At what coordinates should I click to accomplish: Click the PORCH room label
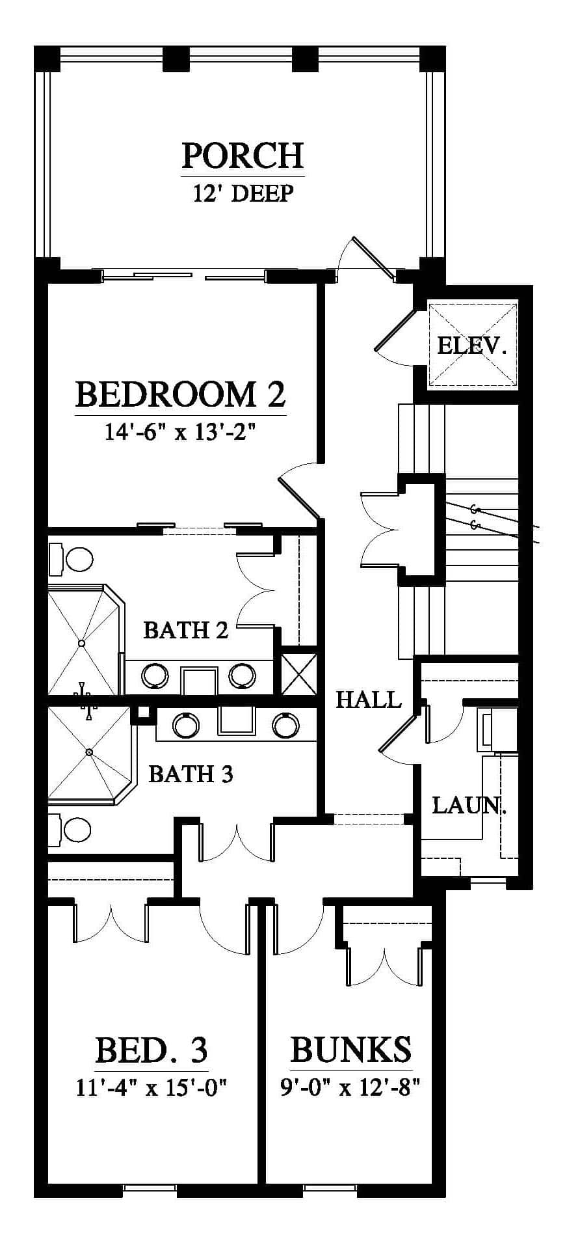tap(243, 156)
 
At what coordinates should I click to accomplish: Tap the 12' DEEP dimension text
tap(243, 193)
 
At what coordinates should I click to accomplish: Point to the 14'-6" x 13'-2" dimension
tap(178, 431)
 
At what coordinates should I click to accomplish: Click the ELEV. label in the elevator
tap(471, 346)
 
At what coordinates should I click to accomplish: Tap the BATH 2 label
tap(186, 630)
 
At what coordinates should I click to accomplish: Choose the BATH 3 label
tap(191, 774)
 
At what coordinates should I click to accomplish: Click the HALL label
tap(369, 700)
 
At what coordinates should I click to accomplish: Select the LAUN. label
tap(469, 806)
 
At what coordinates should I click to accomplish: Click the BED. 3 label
tap(152, 1050)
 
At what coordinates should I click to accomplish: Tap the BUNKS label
tap(350, 1049)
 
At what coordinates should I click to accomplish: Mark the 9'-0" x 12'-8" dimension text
tap(350, 1087)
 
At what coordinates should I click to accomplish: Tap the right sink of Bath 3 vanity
tap(285, 724)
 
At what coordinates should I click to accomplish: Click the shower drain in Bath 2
tap(82, 643)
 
